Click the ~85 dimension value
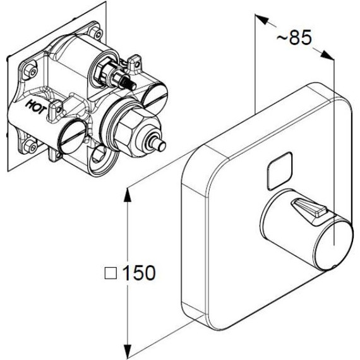coord(294,39)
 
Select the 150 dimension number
coord(138,273)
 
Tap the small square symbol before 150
coord(110,273)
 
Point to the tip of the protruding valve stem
coord(162,146)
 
